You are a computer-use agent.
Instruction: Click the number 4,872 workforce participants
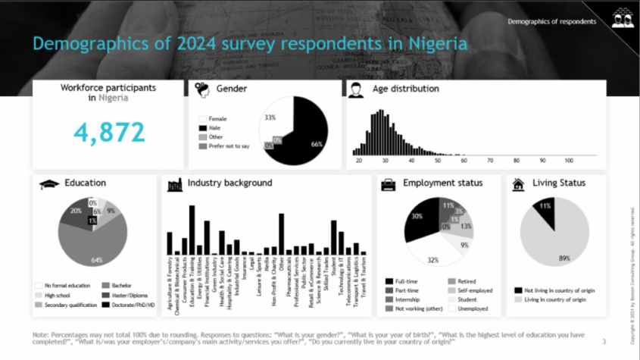[x=110, y=132]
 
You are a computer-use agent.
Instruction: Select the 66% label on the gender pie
[x=317, y=144]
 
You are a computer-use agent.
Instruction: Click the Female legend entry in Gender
[x=217, y=119]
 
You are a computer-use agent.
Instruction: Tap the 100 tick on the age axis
[x=568, y=161]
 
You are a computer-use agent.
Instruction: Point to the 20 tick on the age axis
[x=358, y=161]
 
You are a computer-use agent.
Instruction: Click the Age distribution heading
[x=405, y=89]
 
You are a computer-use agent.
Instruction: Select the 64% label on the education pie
[x=96, y=260]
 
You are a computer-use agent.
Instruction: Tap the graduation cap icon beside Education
[x=49, y=184]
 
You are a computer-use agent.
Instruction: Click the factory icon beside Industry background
[x=175, y=183]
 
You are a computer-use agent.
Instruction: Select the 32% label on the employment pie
[x=432, y=260]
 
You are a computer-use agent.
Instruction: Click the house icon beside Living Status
[x=519, y=183]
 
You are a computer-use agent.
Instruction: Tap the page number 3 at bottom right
[x=604, y=342]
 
